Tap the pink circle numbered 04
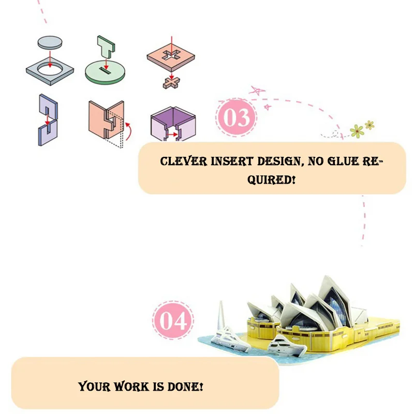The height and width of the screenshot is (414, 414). pyautogui.click(x=172, y=320)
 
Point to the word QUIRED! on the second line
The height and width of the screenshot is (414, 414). pyautogui.click(x=272, y=180)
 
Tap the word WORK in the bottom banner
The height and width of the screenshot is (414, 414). pyautogui.click(x=129, y=386)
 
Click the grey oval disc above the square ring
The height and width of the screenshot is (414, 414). pyautogui.click(x=50, y=42)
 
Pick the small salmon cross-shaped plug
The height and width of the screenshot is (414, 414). pyautogui.click(x=171, y=81)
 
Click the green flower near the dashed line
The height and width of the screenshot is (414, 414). pyautogui.click(x=357, y=131)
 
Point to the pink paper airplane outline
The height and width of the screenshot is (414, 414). pyautogui.click(x=257, y=91)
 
